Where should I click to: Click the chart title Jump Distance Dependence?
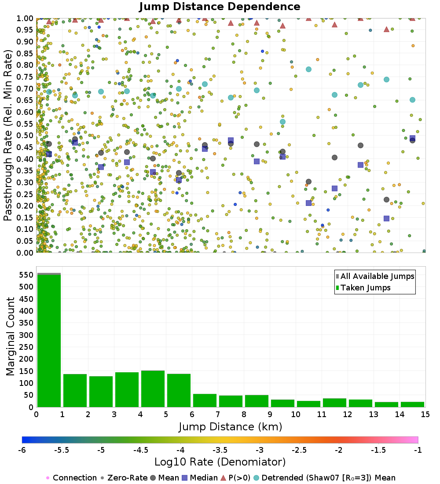[x=220, y=7]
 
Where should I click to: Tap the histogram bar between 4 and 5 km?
[x=153, y=389]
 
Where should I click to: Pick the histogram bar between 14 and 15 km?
[x=412, y=404]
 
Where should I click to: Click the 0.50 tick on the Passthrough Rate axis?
[x=26, y=135]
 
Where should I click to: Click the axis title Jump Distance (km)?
[x=231, y=427]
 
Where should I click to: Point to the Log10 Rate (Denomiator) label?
[x=220, y=462]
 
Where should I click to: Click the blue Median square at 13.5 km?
[x=386, y=218]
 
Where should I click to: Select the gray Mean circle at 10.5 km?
[x=308, y=182]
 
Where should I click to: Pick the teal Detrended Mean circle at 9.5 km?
[x=282, y=122]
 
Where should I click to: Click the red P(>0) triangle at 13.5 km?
[x=386, y=29]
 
